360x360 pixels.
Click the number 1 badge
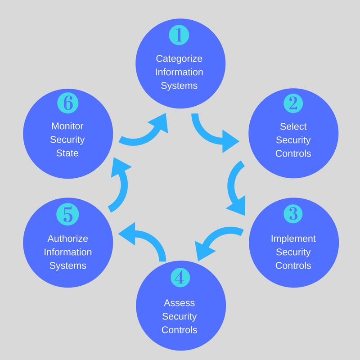pos(179,36)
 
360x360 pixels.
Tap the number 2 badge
pos(293,103)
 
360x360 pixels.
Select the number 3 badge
pos(293,214)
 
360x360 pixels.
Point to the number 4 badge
pos(180,279)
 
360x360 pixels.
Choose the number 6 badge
pos(67,103)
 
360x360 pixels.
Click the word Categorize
pos(179,58)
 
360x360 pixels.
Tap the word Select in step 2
pos(293,126)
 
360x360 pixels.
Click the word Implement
pos(293,238)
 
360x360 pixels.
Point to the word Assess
pos(180,303)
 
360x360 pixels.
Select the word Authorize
pos(67,238)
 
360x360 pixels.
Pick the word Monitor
pos(67,126)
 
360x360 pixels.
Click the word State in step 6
pos(67,153)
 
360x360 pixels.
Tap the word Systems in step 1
pos(179,85)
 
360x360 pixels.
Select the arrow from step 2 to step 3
pos(236,189)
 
